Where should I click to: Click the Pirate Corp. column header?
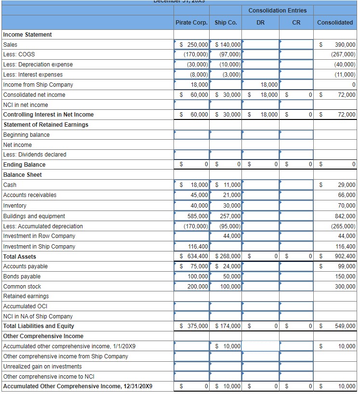[x=191, y=22]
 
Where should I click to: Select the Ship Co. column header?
[x=226, y=22]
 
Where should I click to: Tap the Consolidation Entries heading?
[x=277, y=11]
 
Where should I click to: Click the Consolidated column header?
[x=335, y=22]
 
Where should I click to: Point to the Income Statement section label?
[x=27, y=35]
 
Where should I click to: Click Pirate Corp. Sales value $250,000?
[x=194, y=45]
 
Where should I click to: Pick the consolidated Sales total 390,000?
[x=344, y=45]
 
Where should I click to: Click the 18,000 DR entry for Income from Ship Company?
[x=268, y=85]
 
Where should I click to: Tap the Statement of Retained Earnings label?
[x=46, y=125]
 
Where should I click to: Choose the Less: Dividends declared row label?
[x=35, y=155]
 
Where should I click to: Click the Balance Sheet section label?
[x=22, y=175]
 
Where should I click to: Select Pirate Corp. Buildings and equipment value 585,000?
[x=198, y=216]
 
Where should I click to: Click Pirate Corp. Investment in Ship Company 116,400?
[x=198, y=247]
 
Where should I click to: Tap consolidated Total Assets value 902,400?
[x=344, y=256]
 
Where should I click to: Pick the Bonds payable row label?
[x=22, y=276]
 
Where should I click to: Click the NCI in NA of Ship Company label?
[x=38, y=316]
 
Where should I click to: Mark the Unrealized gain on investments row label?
[x=42, y=367]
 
